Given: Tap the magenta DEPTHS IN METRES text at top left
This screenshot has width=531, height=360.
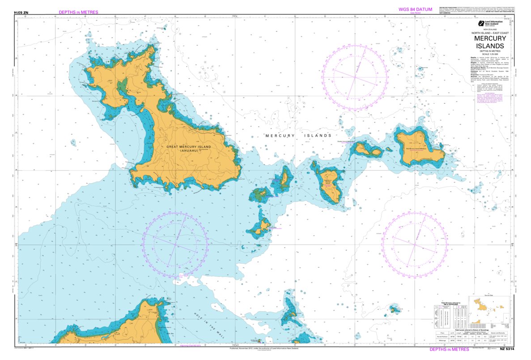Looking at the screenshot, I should pos(78,12).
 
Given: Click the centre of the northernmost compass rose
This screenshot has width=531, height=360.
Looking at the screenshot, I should pos(355,77).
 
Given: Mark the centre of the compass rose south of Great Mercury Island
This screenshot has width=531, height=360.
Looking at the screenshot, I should pos(175,244).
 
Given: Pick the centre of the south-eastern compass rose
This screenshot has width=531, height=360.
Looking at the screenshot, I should pos(415,244).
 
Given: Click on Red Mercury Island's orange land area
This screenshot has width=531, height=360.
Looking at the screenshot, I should pos(418,148).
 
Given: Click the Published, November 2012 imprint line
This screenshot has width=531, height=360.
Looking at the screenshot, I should pos(264,348).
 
